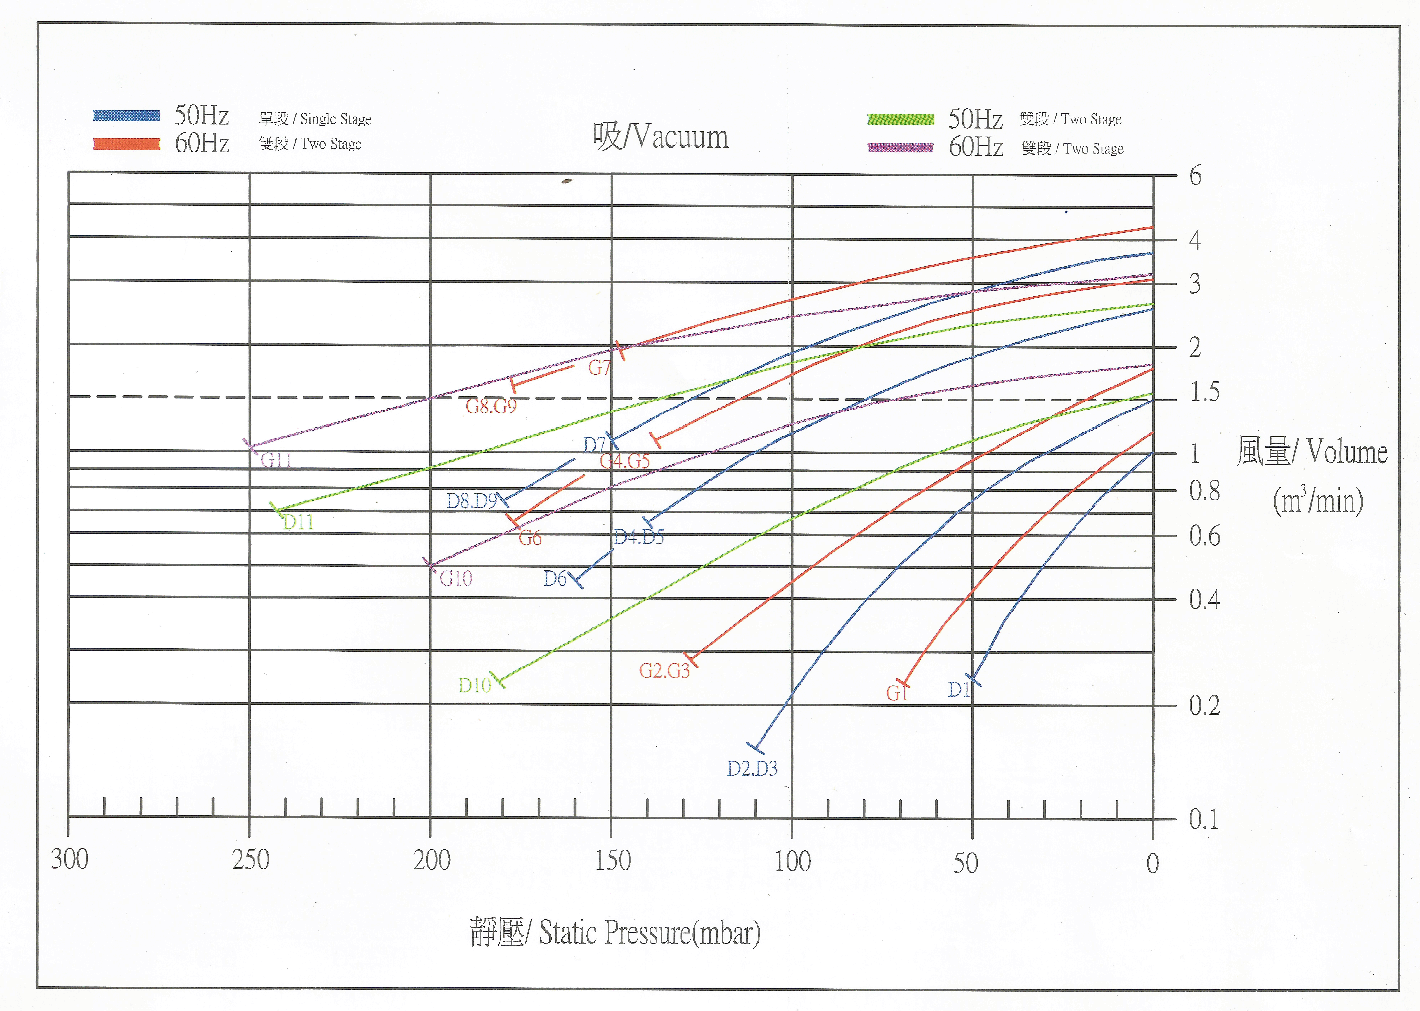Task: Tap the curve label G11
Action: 276,460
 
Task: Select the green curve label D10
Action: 474,685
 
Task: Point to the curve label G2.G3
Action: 664,671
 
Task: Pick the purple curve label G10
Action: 456,578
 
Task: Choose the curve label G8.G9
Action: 491,406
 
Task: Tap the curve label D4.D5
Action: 638,537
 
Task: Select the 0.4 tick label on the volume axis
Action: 1204,599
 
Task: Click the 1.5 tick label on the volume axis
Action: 1204,392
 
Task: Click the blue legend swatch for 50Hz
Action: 126,116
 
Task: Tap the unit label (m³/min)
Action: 1317,500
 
